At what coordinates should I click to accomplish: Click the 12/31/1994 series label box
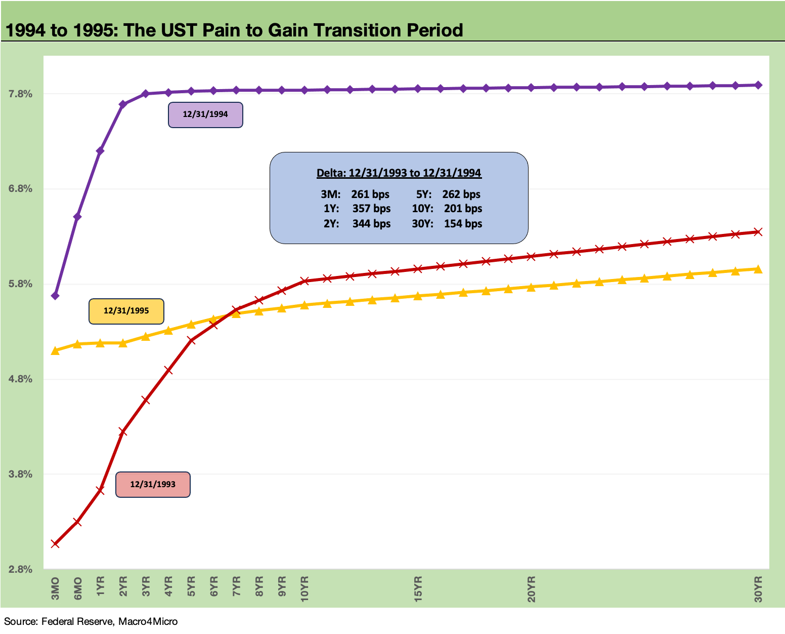(205, 115)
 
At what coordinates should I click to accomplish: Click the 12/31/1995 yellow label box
(126, 311)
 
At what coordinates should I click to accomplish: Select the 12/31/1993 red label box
(153, 485)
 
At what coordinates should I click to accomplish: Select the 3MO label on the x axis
(55, 588)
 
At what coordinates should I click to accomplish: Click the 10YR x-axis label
(304, 589)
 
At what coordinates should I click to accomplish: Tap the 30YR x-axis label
(758, 589)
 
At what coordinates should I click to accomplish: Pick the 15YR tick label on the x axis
(418, 589)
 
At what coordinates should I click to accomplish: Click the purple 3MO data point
(55, 296)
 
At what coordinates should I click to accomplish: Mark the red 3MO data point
(55, 544)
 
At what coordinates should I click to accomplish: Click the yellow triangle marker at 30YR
(758, 269)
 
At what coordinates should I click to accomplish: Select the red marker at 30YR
(758, 232)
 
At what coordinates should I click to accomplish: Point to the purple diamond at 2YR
(123, 104)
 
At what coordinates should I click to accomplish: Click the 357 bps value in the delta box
(371, 209)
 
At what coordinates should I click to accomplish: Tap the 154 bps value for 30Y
(463, 224)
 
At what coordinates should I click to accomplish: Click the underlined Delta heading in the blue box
(399, 173)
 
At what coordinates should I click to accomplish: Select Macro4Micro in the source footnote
(148, 621)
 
